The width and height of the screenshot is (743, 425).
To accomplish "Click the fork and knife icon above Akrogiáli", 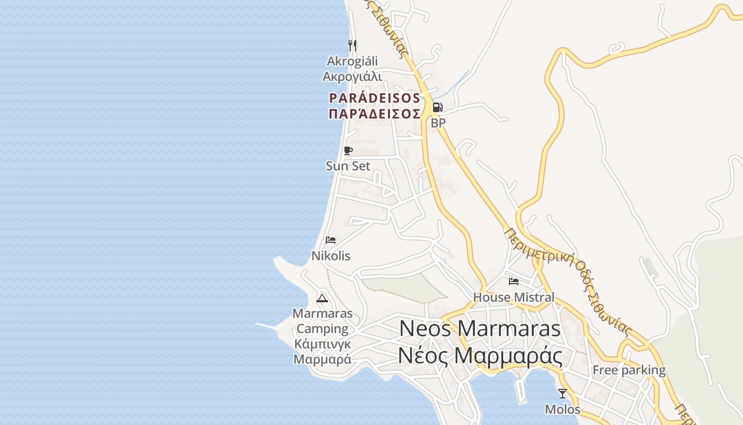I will click(352, 46).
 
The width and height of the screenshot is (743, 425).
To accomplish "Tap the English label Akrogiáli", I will click(352, 61).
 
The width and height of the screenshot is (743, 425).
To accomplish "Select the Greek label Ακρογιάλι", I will click(352, 76).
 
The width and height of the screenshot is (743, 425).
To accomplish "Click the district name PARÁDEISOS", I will click(375, 98).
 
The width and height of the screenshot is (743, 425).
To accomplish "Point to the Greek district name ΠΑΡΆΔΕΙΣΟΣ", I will click(375, 114).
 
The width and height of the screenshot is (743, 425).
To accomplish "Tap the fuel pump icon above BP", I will click(437, 108).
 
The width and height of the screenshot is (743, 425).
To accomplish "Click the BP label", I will click(438, 123).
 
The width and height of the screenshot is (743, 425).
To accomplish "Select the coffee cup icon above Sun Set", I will click(348, 151).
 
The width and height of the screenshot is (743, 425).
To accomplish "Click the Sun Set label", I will click(348, 166).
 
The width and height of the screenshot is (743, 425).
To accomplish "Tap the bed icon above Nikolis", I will click(331, 240).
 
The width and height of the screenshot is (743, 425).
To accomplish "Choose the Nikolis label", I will click(331, 256).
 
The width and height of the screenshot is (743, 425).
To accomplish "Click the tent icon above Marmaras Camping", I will click(322, 298).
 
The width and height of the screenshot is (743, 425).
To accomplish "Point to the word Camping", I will click(323, 329).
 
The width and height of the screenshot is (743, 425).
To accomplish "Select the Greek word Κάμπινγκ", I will click(323, 344).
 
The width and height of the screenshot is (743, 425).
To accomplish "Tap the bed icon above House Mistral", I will click(514, 282).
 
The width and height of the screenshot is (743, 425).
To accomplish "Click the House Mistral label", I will click(514, 297).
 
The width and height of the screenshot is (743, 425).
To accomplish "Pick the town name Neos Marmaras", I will click(480, 328).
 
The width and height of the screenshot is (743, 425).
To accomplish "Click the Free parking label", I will click(629, 370).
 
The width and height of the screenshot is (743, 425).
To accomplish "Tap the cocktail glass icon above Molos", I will click(563, 394).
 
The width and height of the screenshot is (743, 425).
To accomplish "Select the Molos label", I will click(563, 410).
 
